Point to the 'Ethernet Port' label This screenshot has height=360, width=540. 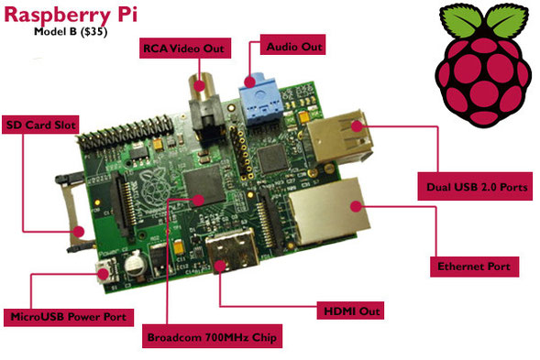pos(476,267)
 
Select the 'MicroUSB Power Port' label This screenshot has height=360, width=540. pos(69,317)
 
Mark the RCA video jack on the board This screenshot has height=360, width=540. pos(199,87)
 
